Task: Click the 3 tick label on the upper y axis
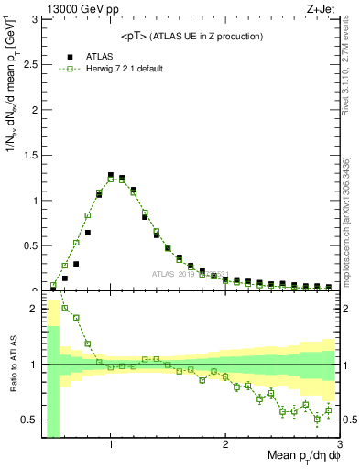pyautogui.click(x=31, y=19)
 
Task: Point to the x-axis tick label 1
pyautogui.click(x=111, y=438)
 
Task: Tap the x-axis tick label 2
pyautogui.click(x=225, y=438)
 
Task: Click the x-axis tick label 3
pyautogui.click(x=339, y=438)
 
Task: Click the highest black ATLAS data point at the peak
pyautogui.click(x=111, y=175)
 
